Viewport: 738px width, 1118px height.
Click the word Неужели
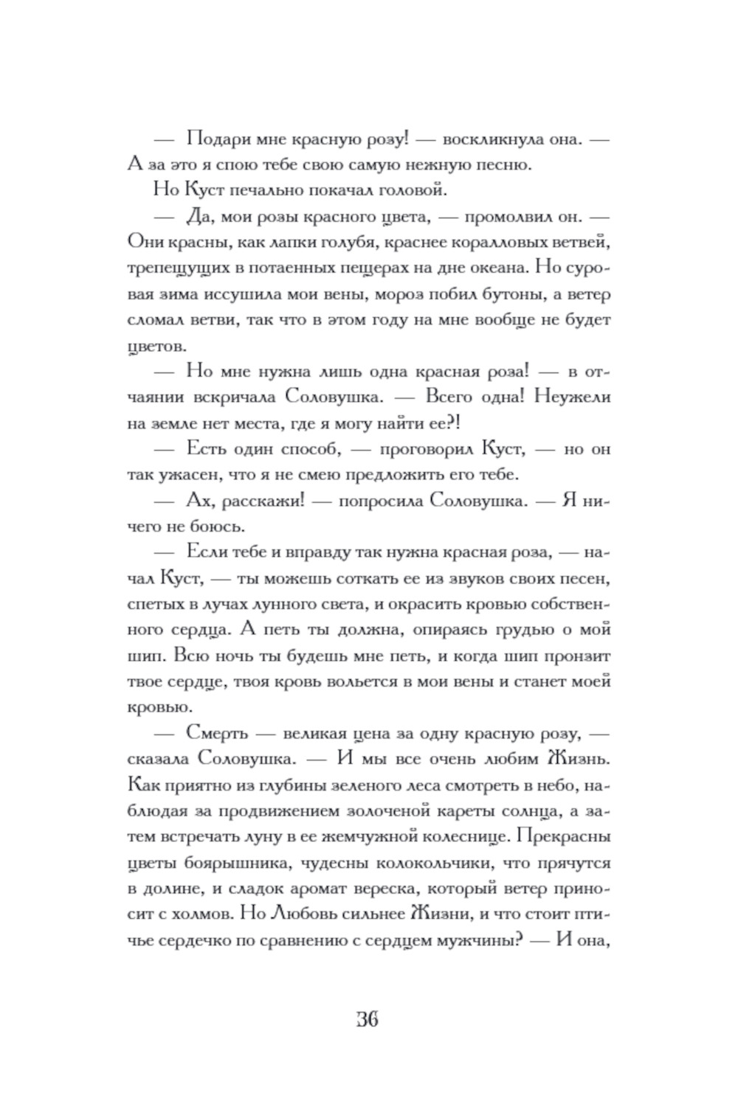573,397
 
